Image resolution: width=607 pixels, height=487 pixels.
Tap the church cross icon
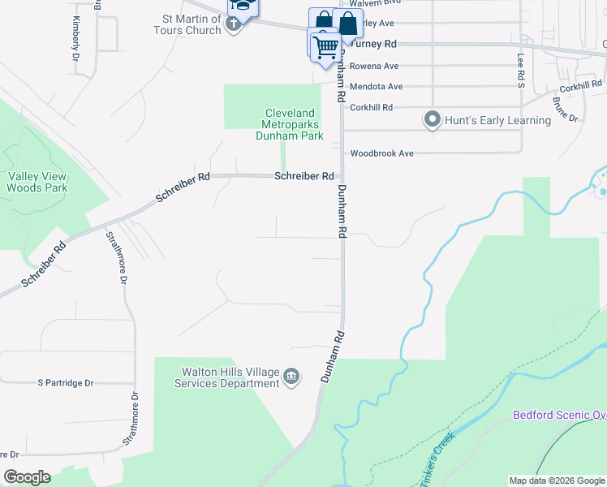(x=234, y=24)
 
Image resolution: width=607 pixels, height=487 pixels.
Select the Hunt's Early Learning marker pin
(x=433, y=120)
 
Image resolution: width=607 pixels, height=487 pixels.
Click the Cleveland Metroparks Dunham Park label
(x=291, y=125)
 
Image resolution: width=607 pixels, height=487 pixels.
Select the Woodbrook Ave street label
(x=381, y=153)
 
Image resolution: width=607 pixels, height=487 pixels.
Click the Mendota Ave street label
(x=376, y=87)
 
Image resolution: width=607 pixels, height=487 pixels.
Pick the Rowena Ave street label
(x=374, y=66)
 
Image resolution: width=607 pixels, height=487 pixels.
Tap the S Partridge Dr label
(x=67, y=382)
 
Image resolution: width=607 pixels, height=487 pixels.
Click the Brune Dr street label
(x=564, y=111)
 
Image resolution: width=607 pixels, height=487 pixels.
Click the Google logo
(x=28, y=477)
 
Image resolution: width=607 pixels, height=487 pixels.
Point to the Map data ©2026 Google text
(x=556, y=481)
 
